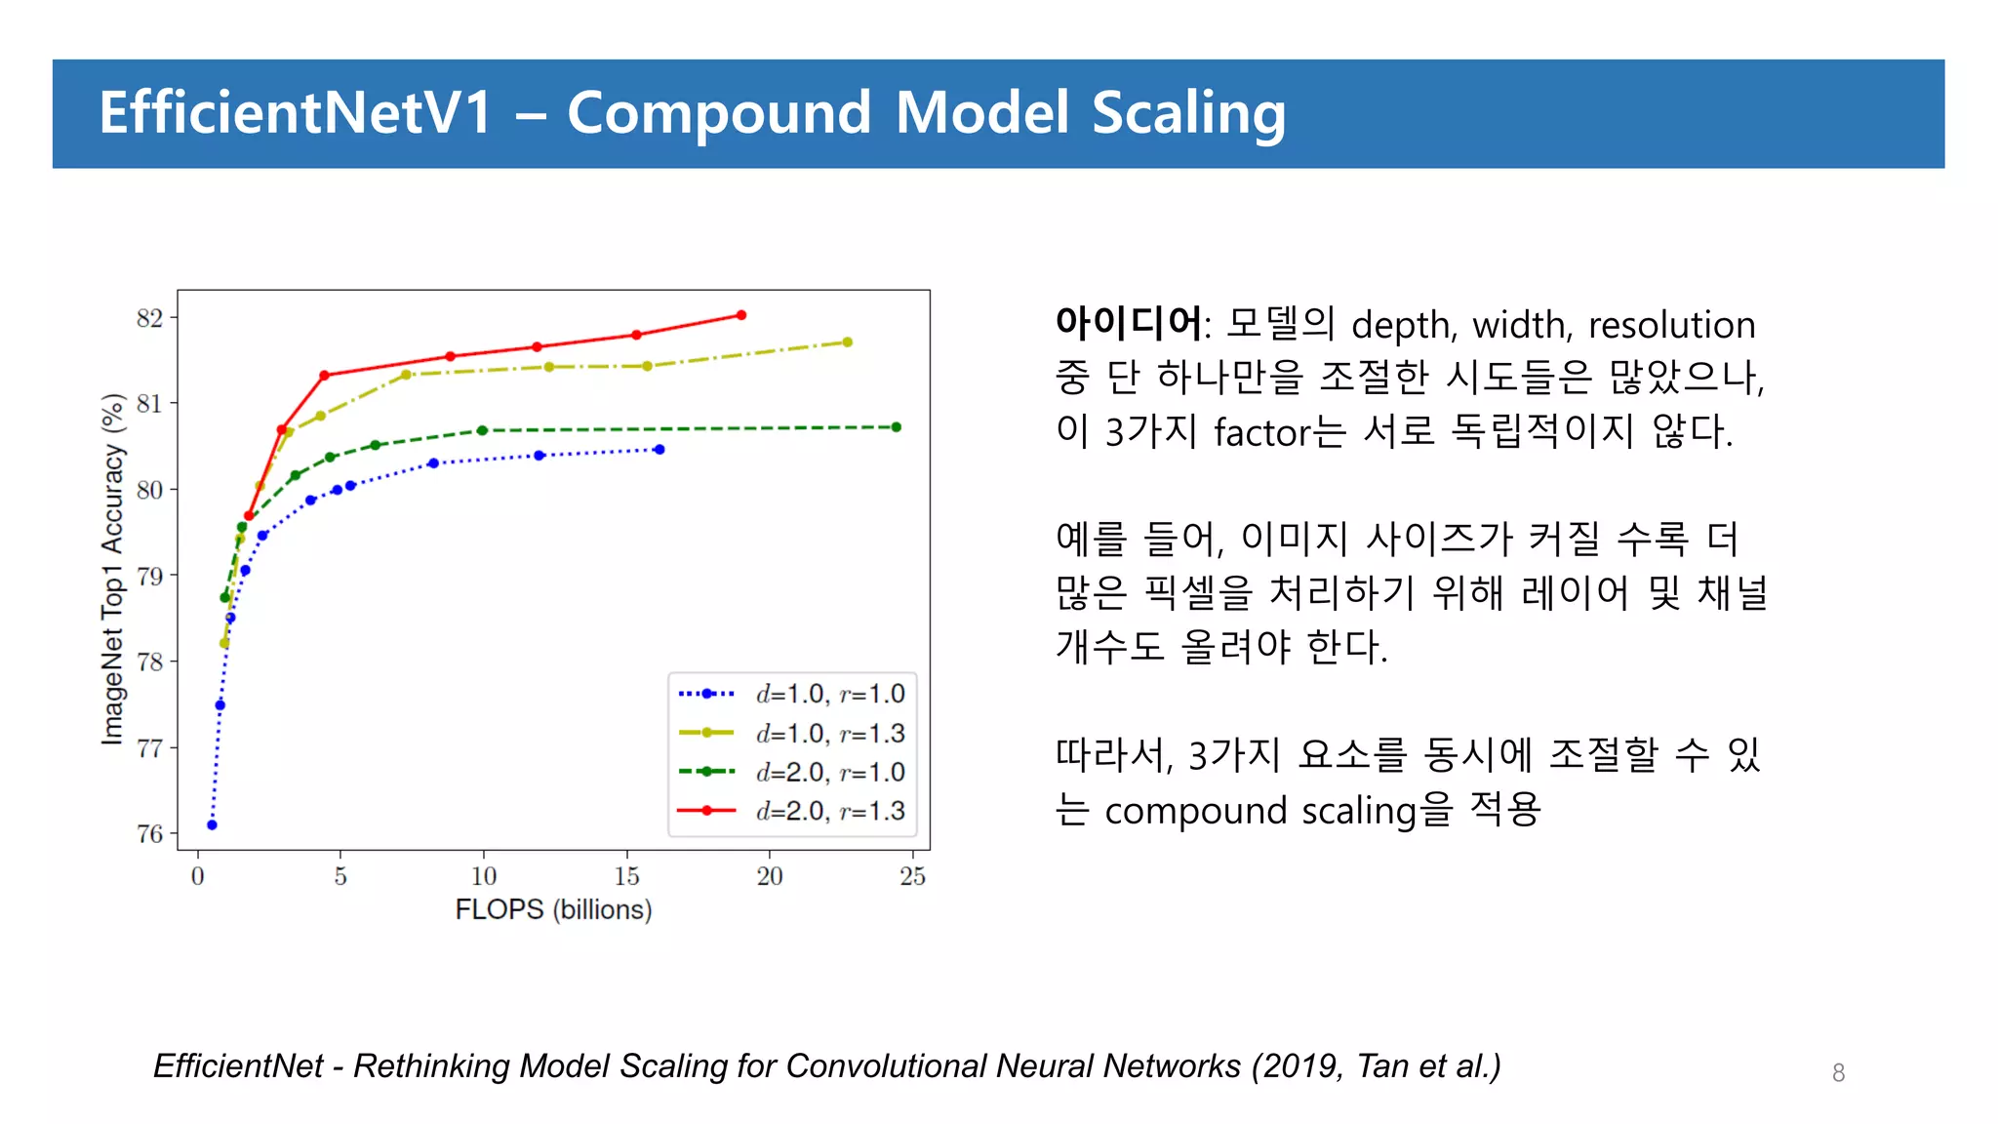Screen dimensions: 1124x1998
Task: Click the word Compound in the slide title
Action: click(718, 113)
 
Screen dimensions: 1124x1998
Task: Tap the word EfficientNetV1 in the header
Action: click(296, 113)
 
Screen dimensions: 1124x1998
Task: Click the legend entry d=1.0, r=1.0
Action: click(829, 694)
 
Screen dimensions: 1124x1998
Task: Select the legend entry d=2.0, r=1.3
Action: click(829, 811)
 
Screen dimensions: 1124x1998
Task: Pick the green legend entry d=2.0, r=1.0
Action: click(829, 772)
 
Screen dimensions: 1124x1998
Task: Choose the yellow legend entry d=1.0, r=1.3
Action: click(829, 733)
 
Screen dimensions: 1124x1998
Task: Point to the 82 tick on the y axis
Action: click(150, 318)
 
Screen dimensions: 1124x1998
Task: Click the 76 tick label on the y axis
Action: click(150, 834)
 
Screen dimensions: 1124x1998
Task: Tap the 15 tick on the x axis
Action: click(626, 876)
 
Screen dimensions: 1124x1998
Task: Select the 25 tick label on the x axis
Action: click(912, 876)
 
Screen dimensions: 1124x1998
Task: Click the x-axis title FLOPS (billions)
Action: click(553, 909)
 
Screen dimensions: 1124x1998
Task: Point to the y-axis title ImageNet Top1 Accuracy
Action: click(114, 570)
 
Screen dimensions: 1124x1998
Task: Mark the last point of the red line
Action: click(741, 315)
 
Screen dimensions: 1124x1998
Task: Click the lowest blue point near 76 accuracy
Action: click(213, 825)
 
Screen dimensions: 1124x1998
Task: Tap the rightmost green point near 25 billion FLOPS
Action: click(897, 427)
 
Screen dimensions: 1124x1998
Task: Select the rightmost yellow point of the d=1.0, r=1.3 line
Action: click(847, 342)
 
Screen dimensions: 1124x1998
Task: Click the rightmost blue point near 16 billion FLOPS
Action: click(660, 450)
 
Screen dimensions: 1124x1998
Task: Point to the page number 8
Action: click(1838, 1073)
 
